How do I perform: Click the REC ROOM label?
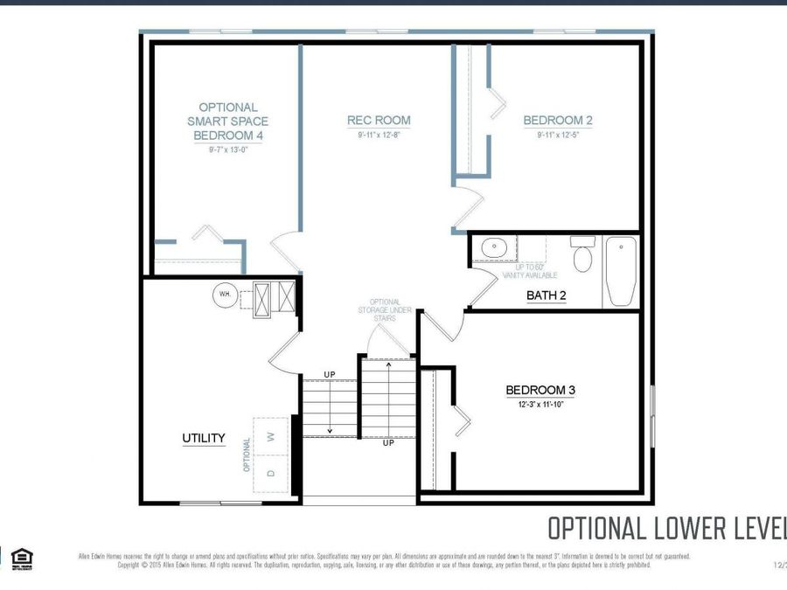pos(379,121)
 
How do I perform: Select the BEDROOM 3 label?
pos(540,390)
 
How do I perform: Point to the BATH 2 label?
pos(546,295)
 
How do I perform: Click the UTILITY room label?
pos(204,438)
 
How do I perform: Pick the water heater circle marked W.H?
pos(226,295)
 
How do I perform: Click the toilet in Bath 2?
pos(582,254)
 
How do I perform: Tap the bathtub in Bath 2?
pos(622,271)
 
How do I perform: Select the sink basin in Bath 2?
pos(494,248)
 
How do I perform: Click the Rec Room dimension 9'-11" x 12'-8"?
pos(379,135)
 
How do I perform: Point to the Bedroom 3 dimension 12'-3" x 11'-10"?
pos(540,405)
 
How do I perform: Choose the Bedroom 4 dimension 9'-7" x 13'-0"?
pos(227,150)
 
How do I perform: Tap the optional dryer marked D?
pos(271,473)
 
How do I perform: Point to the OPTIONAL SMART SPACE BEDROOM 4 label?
pos(227,121)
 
